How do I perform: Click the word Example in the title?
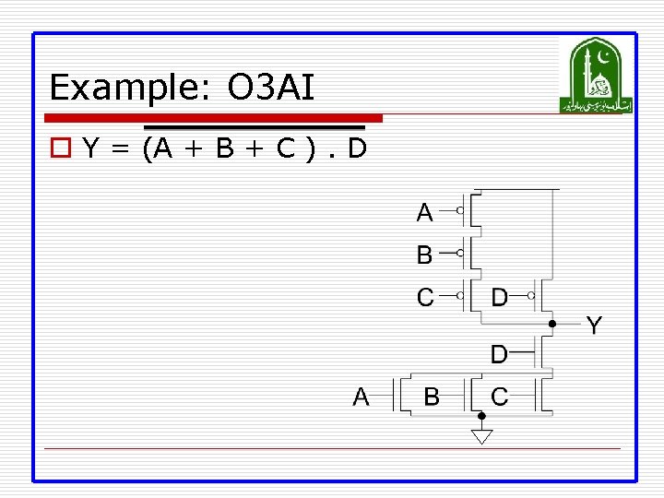[x=124, y=89]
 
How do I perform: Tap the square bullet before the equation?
[x=62, y=147]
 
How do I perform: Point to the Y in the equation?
[x=90, y=147]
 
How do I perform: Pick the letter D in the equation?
[x=356, y=147]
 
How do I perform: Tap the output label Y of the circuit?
[x=594, y=325]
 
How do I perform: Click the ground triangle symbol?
[x=481, y=436]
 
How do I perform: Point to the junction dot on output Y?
[x=551, y=325]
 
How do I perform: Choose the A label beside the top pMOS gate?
[x=424, y=213]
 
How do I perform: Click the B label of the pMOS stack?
[x=424, y=254]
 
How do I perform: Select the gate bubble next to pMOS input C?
[x=459, y=297]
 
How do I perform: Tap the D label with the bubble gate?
[x=499, y=297]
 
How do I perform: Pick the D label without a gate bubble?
[x=498, y=353]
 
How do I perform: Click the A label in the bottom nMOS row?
[x=362, y=397]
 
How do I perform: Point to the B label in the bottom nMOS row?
[x=431, y=397]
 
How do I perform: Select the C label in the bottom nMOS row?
[x=499, y=397]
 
